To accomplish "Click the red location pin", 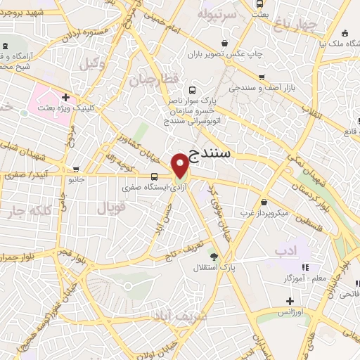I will click(x=181, y=165).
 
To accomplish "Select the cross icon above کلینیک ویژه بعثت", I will click(x=65, y=98).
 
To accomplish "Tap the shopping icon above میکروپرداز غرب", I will click(x=264, y=201).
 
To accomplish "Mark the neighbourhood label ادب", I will click(x=286, y=250).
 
